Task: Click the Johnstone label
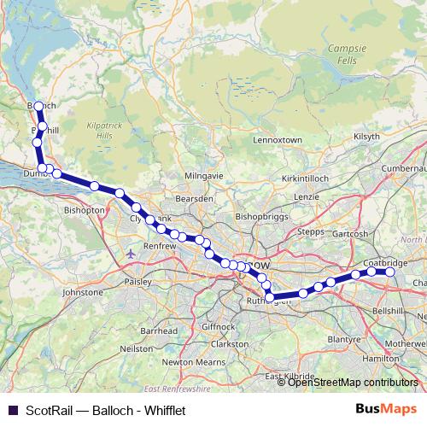[x=83, y=292]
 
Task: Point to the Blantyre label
[x=344, y=339]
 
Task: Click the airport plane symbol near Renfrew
[x=130, y=254]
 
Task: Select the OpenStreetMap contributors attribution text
[x=354, y=383]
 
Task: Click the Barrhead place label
[x=160, y=330]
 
